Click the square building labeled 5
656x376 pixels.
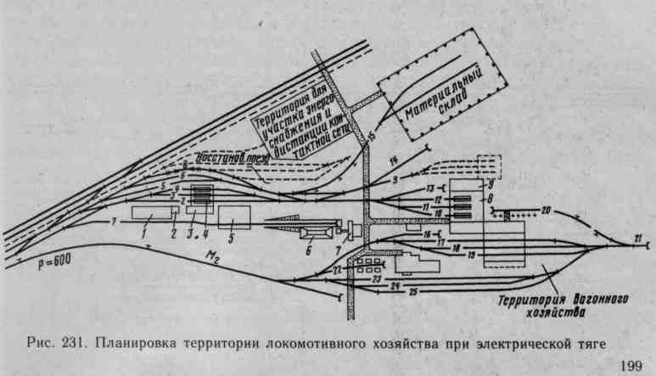(x=233, y=216)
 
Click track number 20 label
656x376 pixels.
(x=546, y=210)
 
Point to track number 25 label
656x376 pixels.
(x=412, y=293)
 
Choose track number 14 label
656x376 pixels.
(x=392, y=160)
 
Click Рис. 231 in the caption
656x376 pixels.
(x=57, y=345)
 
